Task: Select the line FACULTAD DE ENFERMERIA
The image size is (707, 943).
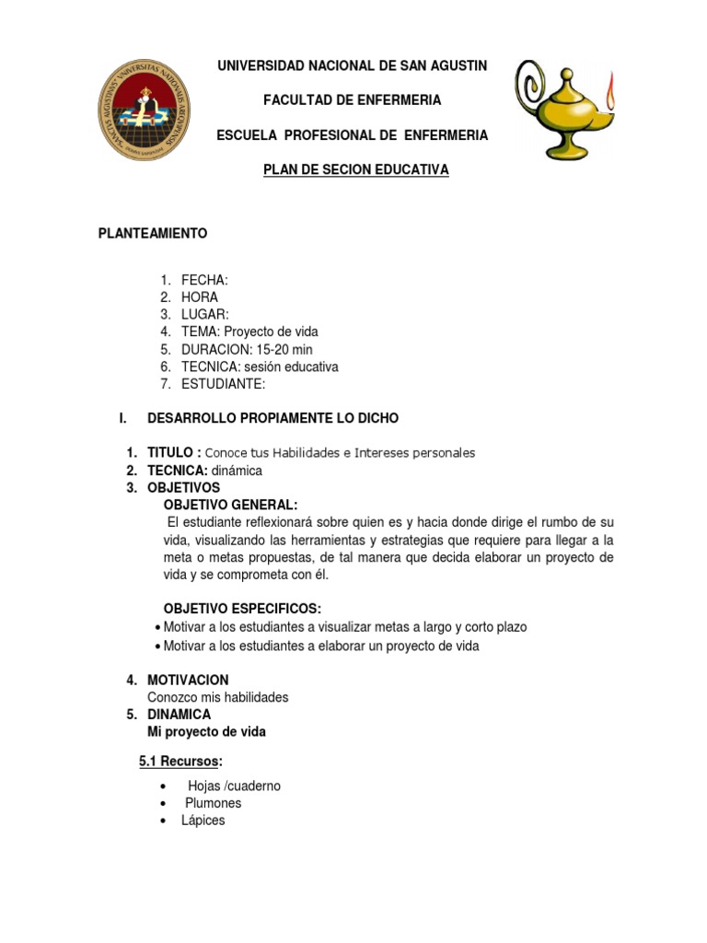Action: pos(352,99)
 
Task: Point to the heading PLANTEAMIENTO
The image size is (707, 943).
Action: pos(153,233)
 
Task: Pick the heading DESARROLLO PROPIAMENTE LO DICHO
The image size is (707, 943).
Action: pos(272,418)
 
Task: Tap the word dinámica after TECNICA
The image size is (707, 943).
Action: pos(237,470)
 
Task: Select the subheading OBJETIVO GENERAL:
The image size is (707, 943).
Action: pos(230,505)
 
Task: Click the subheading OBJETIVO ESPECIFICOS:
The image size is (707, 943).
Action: pos(242,609)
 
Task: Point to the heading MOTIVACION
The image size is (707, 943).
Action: pos(188,680)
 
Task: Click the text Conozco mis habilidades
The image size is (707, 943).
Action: pos(218,697)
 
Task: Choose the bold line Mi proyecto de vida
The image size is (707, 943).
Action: pos(206,732)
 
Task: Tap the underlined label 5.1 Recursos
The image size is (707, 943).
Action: pos(180,761)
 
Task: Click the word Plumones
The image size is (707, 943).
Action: pos(213,803)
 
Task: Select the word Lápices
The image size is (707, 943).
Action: pos(203,820)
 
